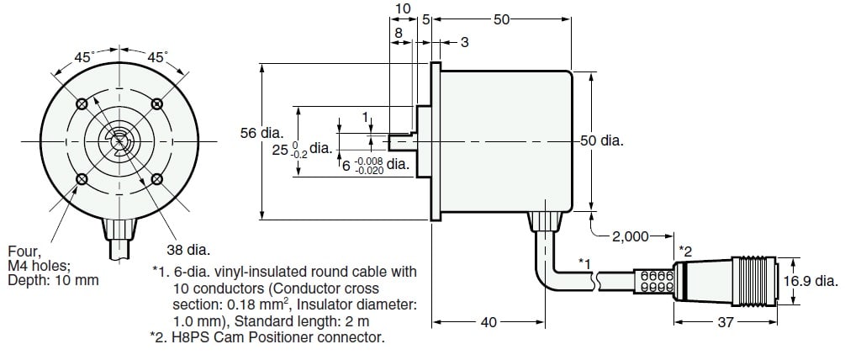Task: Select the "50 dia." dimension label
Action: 601,140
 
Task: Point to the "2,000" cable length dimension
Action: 632,237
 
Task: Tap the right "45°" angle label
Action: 157,58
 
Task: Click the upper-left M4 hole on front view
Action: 82,103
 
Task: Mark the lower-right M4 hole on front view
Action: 157,178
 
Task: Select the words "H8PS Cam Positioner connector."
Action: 301,338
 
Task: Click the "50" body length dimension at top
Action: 502,19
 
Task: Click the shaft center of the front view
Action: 119,141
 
